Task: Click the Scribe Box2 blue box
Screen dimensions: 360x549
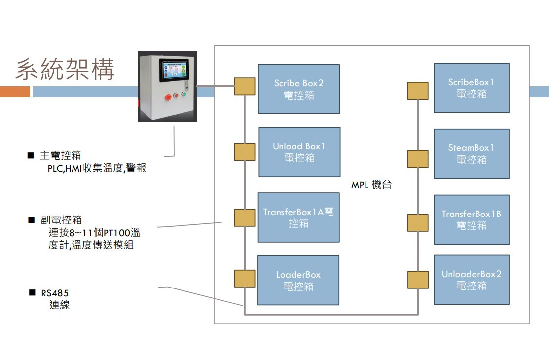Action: pyautogui.click(x=299, y=89)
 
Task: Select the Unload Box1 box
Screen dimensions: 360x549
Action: pyautogui.click(x=299, y=152)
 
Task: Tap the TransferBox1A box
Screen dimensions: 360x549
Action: pyautogui.click(x=298, y=217)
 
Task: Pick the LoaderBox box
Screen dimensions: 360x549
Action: pyautogui.click(x=298, y=280)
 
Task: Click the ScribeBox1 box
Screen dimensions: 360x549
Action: pyautogui.click(x=471, y=88)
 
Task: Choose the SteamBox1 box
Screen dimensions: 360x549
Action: pyautogui.click(x=471, y=153)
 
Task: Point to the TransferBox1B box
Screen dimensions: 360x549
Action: pyautogui.click(x=471, y=219)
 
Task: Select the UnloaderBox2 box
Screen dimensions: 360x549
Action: pyautogui.click(x=471, y=280)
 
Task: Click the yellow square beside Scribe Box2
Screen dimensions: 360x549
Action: pyautogui.click(x=245, y=86)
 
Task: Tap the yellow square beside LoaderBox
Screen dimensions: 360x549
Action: pyautogui.click(x=245, y=279)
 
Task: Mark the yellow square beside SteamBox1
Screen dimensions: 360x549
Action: pyautogui.click(x=418, y=159)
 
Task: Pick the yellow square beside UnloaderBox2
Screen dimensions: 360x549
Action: pyautogui.click(x=418, y=280)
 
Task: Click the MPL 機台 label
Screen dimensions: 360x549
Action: pyautogui.click(x=371, y=186)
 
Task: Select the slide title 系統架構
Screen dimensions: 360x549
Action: pyautogui.click(x=66, y=69)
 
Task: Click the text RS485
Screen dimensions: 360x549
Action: pyautogui.click(x=55, y=293)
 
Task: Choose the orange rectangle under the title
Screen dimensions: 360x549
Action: pyautogui.click(x=15, y=92)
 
